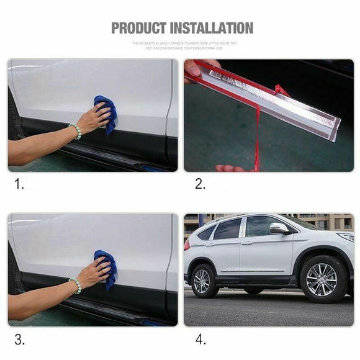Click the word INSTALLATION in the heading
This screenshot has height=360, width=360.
(210, 28)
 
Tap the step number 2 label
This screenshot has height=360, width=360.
(200, 184)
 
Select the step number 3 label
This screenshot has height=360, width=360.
(19, 339)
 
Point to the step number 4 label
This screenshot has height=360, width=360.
(200, 339)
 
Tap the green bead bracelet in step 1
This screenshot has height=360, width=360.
(75, 130)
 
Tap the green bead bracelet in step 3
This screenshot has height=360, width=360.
(75, 285)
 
